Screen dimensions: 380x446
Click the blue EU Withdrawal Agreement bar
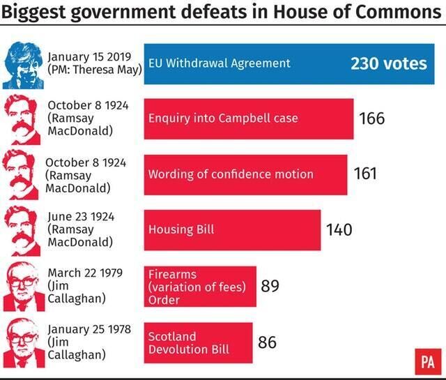pos(289,63)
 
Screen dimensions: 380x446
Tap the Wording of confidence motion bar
pos(245,174)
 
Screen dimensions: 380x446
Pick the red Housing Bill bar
pos(232,229)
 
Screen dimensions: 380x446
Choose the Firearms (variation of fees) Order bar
pos(200,287)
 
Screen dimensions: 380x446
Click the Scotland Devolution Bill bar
pos(198,342)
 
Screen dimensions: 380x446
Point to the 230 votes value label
pos(389,63)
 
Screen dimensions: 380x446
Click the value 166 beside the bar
pos(372,118)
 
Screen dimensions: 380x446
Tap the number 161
pos(365,174)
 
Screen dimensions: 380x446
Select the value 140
pos(339,229)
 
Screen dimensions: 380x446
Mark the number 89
pos(270,286)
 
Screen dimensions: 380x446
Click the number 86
pos(267,342)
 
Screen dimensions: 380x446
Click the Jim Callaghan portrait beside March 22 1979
pos(22,288)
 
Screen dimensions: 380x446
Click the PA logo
pos(428,362)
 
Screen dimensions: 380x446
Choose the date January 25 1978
pos(89,328)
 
